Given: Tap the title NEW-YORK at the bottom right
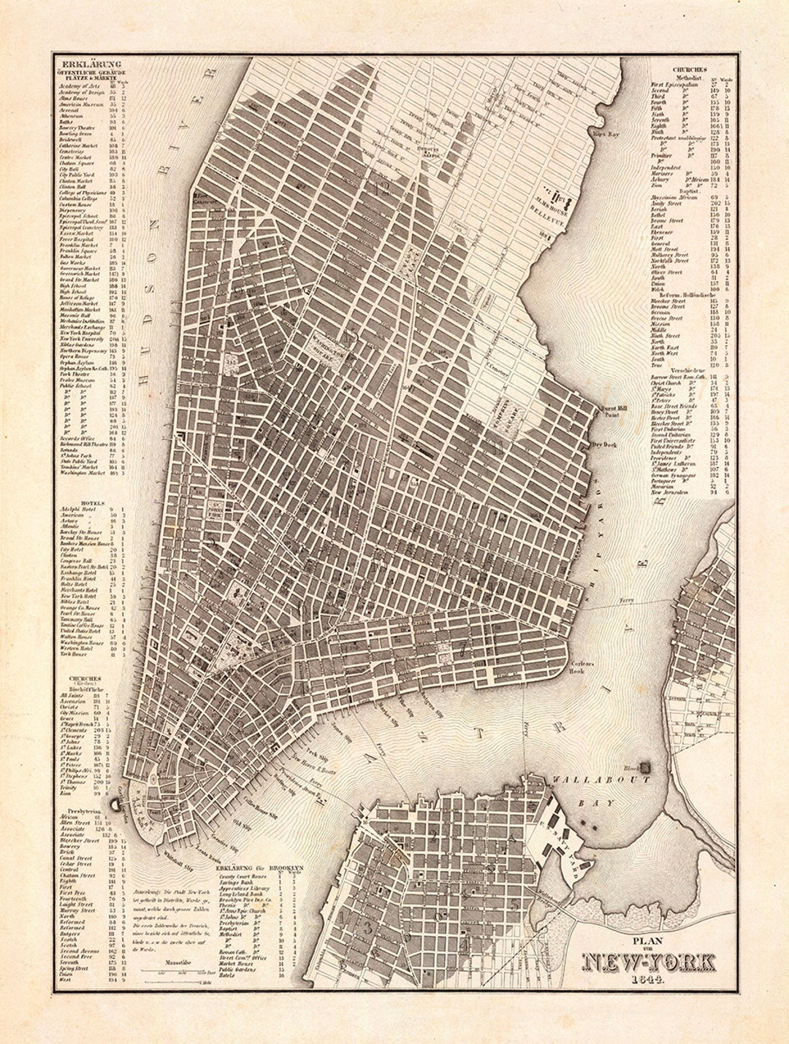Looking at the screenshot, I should [x=649, y=963].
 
